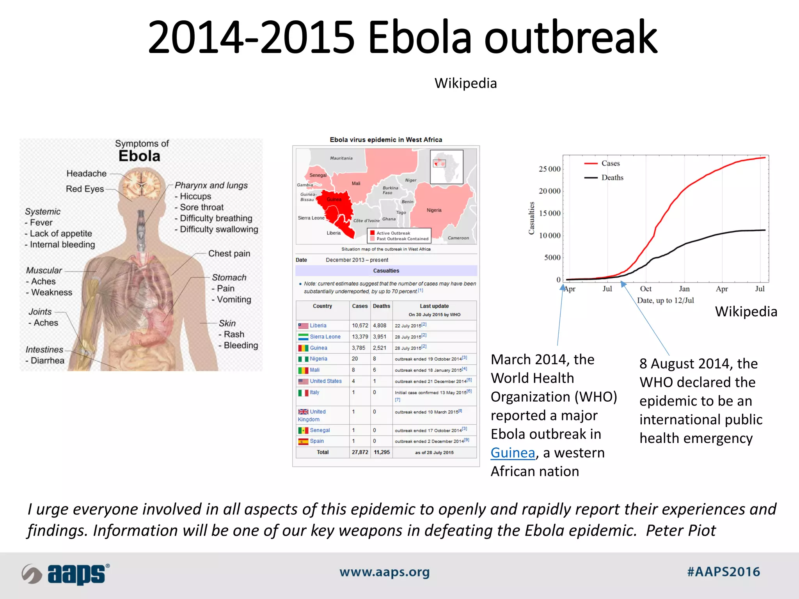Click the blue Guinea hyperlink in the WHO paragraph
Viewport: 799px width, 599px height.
coord(513,453)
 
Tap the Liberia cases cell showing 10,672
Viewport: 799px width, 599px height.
coord(360,326)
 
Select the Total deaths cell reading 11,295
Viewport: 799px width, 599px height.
coord(382,452)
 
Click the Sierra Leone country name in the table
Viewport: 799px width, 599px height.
coord(325,337)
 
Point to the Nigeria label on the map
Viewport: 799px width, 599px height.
coord(434,210)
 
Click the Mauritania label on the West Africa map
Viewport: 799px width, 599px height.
coord(341,158)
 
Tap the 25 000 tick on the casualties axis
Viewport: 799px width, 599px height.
coord(549,169)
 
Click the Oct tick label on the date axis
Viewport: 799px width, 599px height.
coord(646,289)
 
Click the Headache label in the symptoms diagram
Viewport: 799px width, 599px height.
coord(86,174)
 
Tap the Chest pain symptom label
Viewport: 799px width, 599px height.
coord(229,253)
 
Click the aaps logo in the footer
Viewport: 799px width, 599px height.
coord(66,574)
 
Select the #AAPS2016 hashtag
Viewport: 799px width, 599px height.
coord(723,572)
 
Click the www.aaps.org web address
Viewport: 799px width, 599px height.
coord(384,572)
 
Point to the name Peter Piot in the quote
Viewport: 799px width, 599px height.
coord(680,531)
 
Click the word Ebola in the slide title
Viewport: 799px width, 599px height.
coord(419,37)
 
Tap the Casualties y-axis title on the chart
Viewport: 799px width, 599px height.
coord(531,218)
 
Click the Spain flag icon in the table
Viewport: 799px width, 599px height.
coord(303,441)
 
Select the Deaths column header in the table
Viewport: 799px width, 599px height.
coord(381,306)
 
